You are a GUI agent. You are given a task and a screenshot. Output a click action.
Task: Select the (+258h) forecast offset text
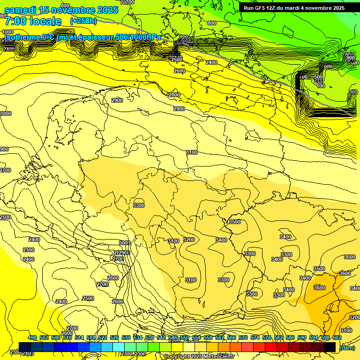tap(84, 21)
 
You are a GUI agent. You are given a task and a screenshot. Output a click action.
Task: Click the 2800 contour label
tap(174, 95)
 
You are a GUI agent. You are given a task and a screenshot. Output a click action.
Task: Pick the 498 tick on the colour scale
tap(32, 338)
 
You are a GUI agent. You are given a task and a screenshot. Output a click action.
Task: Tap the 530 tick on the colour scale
tap(126, 338)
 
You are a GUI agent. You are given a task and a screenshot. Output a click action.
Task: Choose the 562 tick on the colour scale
tap(220, 338)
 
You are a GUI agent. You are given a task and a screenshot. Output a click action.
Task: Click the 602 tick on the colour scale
tap(337, 338)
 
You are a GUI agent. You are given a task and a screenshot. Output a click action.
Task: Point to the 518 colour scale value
tap(91, 338)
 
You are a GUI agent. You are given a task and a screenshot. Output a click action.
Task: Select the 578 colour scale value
tap(267, 338)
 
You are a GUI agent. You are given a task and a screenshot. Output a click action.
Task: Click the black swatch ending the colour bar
tap(330, 347)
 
